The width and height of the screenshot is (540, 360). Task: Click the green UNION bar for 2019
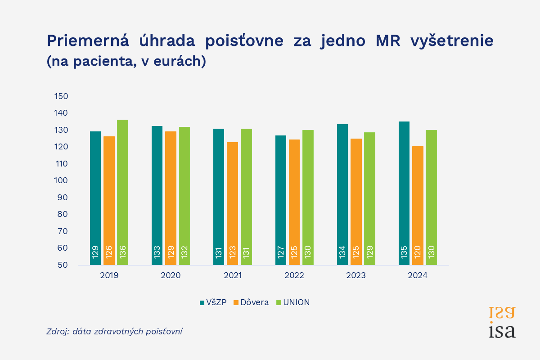pos(123,193)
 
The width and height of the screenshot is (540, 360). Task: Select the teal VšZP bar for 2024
pos(404,193)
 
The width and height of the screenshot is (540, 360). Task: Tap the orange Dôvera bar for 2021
pos(232,204)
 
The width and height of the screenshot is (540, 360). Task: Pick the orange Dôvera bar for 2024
pos(418,206)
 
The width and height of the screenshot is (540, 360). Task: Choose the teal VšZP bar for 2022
pos(281,200)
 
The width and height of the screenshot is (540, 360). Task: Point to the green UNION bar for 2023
pos(370,199)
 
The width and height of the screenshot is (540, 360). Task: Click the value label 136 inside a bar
pos(123,252)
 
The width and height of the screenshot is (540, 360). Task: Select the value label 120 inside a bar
pos(418,252)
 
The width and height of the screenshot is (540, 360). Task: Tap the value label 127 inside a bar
pos(281,252)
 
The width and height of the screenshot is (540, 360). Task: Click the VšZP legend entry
pos(213,302)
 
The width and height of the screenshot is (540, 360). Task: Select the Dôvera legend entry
pos(251,302)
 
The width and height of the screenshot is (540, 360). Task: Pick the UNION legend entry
pos(293,302)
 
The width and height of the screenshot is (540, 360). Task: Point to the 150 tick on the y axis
pos(61,96)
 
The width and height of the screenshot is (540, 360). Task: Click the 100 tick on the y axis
pos(61,180)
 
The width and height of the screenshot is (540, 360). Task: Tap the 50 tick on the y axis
pos(63,265)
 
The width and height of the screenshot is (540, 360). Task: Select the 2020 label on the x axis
pos(171,275)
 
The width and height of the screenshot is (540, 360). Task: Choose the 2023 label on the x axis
pos(356,275)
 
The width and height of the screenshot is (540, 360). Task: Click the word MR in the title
pos(388,40)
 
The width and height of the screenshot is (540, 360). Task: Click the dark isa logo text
pos(502,331)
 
